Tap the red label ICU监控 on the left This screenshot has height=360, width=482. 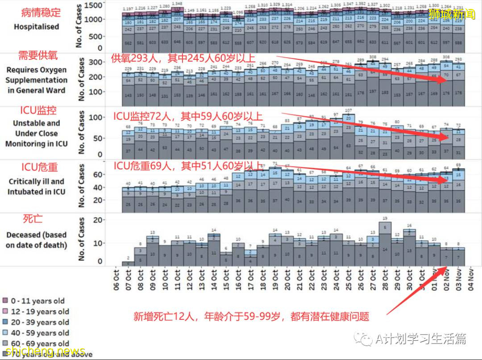(x=37, y=110)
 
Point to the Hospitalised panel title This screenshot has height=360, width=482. (x=36, y=26)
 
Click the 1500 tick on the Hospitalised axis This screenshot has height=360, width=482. (x=95, y=5)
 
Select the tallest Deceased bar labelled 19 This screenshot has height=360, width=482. (x=385, y=243)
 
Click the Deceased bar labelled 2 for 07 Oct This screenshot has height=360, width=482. (x=128, y=264)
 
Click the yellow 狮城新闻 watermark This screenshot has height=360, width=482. (x=452, y=14)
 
